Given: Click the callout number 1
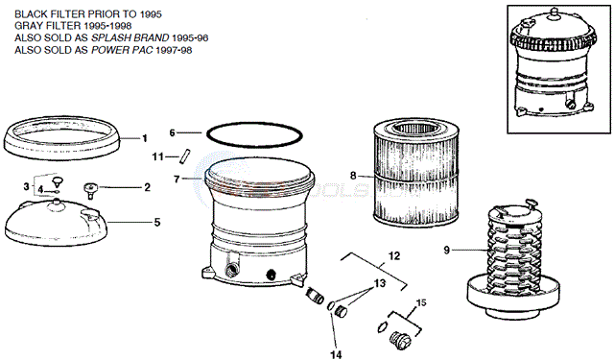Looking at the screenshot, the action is tap(145, 138).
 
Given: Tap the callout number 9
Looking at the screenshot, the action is tap(447, 250).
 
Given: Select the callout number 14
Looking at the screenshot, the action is tap(336, 354).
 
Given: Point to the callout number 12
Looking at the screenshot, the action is tap(394, 256).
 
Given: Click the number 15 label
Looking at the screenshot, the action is tap(421, 302).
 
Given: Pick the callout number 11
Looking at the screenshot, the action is tap(157, 157).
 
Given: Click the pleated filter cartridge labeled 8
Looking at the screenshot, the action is tap(415, 173).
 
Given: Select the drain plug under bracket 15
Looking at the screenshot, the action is tap(400, 340).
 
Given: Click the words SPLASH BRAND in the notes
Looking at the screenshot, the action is tap(130, 38).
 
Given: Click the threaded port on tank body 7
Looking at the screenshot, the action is tap(230, 270).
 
